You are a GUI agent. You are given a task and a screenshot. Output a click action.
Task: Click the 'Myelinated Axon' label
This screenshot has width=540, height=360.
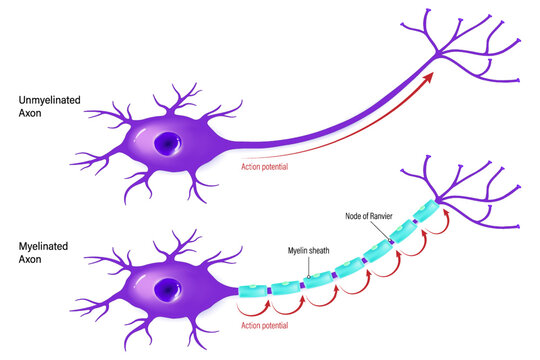click(x=37, y=250)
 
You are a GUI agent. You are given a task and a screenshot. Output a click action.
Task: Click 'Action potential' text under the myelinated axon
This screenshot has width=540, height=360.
click(x=269, y=325)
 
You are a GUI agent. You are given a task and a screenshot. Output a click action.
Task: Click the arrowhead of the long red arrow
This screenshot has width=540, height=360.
click(x=430, y=77)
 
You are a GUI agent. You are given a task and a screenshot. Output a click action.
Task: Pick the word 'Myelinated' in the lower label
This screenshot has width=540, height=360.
click(x=37, y=244)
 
